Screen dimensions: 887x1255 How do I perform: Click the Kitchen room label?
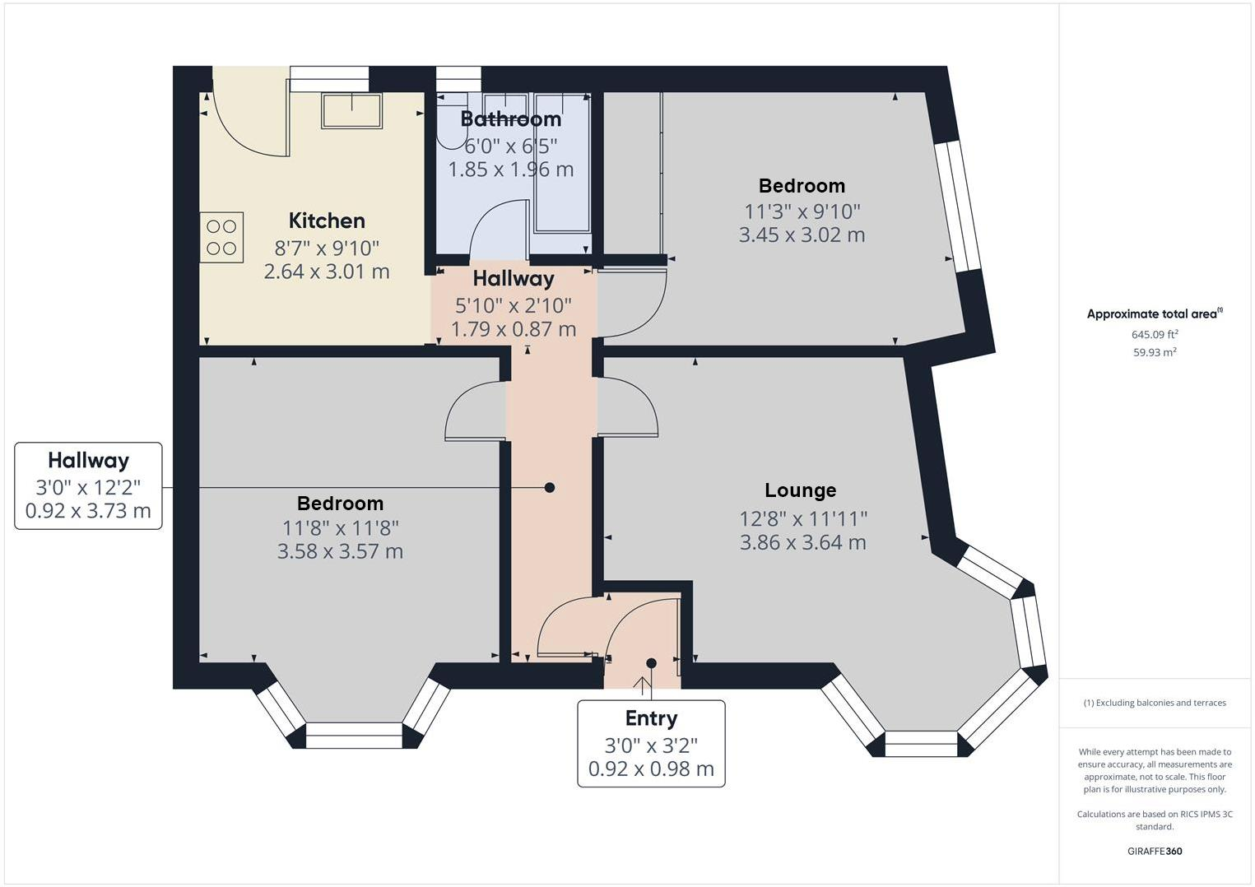327,221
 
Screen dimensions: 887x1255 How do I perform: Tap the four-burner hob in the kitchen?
221,237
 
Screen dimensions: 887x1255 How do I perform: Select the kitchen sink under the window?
351,111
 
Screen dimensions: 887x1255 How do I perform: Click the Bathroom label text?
510,119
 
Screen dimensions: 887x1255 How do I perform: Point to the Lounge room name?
800,490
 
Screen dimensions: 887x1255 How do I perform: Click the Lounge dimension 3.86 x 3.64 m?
802,542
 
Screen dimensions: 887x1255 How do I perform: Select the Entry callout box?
651,743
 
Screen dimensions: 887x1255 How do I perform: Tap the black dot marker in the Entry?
651,663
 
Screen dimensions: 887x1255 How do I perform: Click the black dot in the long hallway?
550,488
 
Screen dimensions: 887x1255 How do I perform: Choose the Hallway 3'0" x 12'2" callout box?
88,485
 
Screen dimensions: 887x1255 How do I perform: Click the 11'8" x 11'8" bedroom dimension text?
340,527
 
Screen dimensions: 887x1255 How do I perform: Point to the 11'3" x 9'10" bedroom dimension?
802,211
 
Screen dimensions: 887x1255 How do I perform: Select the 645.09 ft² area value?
1154,334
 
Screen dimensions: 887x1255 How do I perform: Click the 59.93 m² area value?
1154,352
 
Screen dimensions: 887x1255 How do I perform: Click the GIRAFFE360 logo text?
1154,851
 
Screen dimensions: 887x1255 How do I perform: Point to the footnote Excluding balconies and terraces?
1154,703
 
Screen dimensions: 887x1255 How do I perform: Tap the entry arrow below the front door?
641,683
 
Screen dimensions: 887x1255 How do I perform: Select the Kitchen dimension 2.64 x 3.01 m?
326,272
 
